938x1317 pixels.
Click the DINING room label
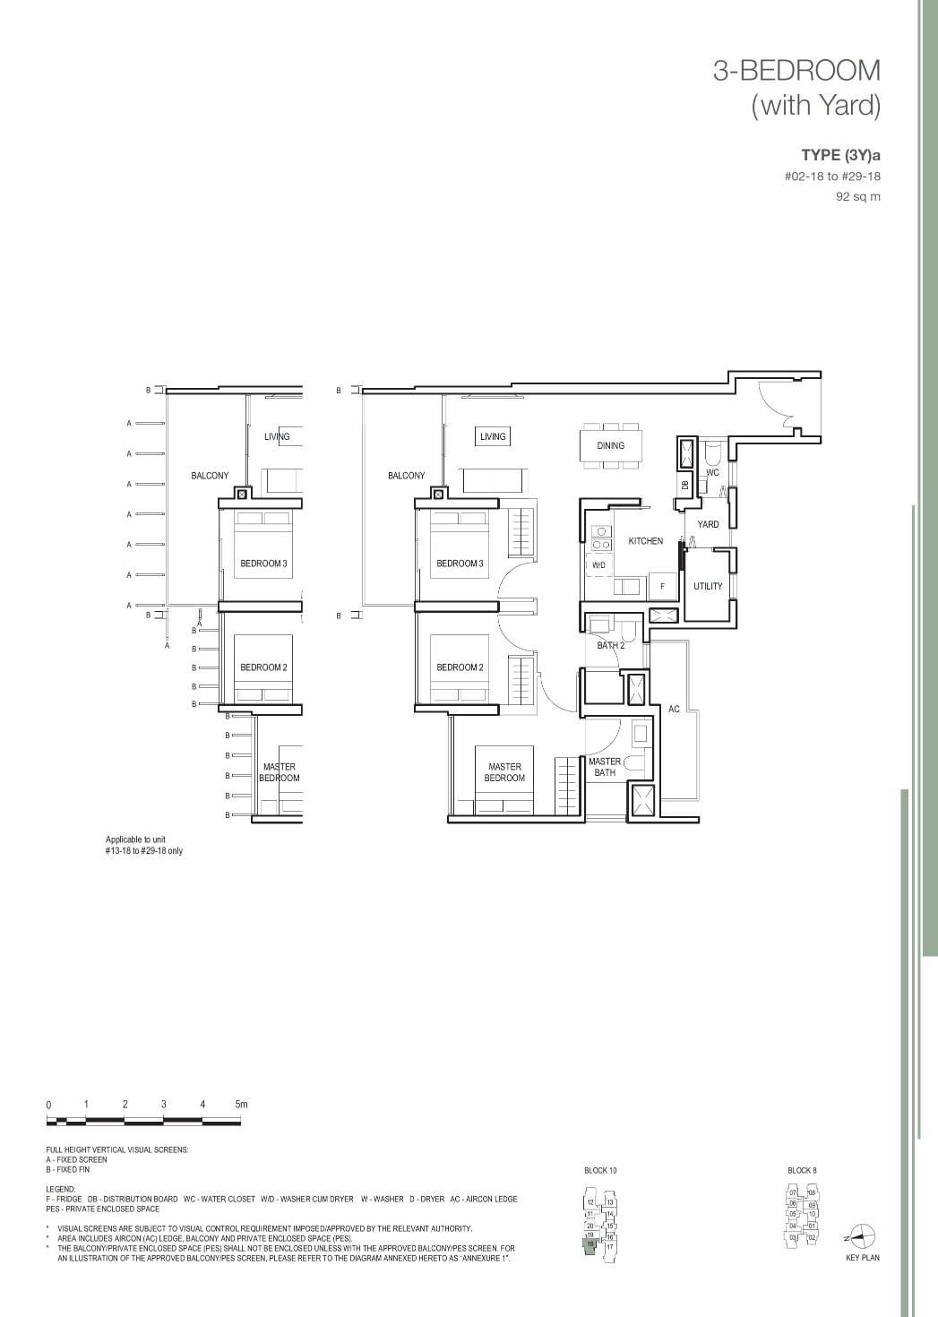tap(610, 445)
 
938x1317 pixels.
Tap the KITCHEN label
tap(645, 541)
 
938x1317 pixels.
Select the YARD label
tap(708, 524)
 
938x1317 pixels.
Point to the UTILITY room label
tap(707, 586)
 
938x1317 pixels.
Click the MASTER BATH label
tap(605, 767)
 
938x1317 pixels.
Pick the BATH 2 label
tap(611, 645)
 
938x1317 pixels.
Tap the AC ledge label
tap(674, 709)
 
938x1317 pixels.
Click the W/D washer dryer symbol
tap(598, 565)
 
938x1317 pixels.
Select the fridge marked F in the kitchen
tap(662, 586)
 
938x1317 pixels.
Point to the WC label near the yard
tap(712, 472)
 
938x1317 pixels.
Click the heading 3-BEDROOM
tap(796, 71)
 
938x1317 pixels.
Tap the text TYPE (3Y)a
tap(840, 155)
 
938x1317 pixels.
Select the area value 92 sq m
tap(857, 196)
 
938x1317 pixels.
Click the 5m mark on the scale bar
tap(240, 1105)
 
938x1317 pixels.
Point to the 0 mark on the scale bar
tap(48, 1106)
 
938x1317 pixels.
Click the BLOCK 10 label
tap(600, 1170)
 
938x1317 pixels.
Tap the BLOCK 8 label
tap(801, 1170)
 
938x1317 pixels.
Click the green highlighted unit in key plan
tap(590, 1246)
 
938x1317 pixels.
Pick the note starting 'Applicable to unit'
tap(143, 845)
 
